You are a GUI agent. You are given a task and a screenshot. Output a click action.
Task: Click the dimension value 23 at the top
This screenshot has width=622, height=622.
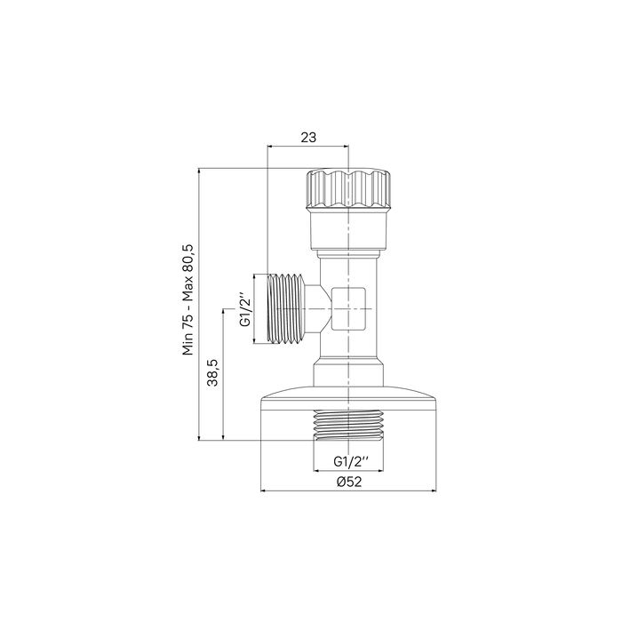[308, 137]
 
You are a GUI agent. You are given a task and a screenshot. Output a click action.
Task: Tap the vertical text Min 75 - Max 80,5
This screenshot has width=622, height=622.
[188, 299]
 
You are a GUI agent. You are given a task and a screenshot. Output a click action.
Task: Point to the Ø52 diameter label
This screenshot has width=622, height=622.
[349, 482]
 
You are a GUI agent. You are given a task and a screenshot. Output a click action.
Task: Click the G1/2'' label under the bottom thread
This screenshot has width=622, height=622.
[350, 461]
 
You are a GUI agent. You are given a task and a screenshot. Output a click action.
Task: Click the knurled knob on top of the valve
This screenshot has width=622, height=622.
[349, 188]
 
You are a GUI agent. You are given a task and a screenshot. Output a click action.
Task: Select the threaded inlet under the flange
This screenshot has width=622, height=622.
[349, 427]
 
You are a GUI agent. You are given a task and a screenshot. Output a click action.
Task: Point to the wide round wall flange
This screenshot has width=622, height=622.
[349, 400]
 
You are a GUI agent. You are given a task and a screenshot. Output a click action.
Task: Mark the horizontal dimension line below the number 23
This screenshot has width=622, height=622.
[308, 148]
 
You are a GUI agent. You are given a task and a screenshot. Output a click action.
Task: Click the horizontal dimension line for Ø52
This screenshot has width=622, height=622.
[349, 490]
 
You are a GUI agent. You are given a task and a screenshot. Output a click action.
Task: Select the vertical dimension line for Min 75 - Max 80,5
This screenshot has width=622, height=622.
[199, 302]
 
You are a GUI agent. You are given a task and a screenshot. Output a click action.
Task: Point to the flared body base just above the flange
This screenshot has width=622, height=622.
[349, 374]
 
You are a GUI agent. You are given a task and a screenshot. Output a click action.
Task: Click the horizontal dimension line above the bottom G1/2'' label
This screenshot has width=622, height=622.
[349, 470]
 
